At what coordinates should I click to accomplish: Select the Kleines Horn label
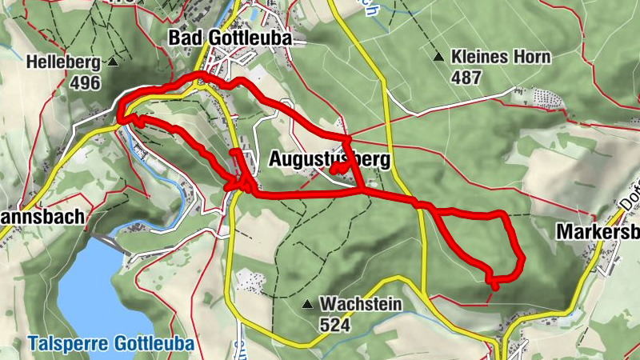click(x=500, y=57)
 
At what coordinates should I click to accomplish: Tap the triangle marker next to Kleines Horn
click(x=438, y=57)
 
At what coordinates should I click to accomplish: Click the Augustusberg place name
click(x=329, y=159)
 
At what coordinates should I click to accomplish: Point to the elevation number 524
click(x=335, y=324)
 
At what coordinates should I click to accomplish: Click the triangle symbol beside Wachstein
click(x=306, y=304)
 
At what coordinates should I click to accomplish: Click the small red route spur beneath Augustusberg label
click(x=339, y=169)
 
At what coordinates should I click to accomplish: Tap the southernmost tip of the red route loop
click(x=495, y=286)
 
